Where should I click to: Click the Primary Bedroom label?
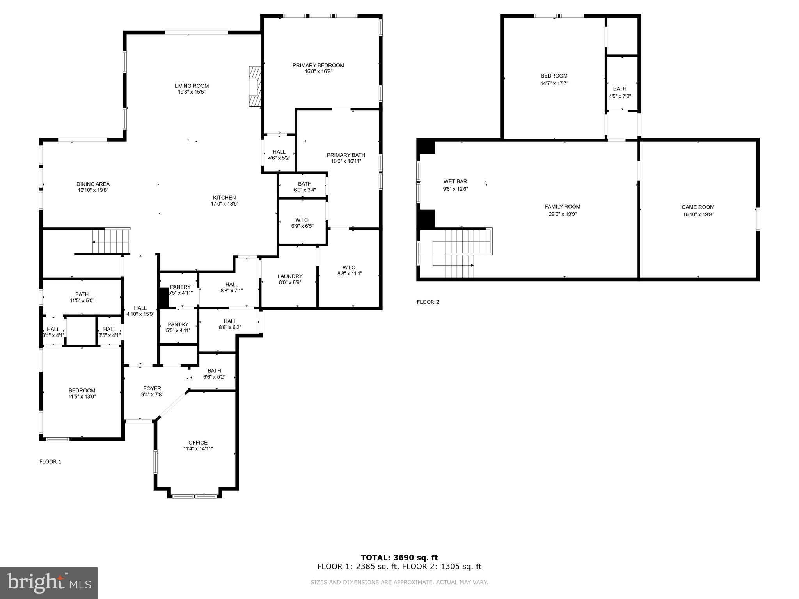click(318, 65)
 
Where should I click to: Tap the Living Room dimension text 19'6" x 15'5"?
click(192, 92)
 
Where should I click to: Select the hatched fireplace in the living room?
click(255, 86)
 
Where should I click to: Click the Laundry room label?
click(290, 276)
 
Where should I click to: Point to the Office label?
click(198, 442)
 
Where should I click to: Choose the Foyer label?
click(152, 388)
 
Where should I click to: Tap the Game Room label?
click(698, 207)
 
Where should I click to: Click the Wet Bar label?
click(455, 181)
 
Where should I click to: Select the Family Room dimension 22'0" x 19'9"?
click(563, 214)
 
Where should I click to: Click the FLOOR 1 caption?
click(50, 462)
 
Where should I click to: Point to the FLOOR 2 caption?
click(428, 302)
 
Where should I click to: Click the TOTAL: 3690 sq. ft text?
click(399, 558)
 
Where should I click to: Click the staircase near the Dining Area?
click(111, 241)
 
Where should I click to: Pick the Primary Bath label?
click(346, 155)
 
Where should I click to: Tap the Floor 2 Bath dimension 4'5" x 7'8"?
click(620, 96)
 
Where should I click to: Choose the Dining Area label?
click(93, 184)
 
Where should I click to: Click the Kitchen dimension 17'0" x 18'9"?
click(224, 204)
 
